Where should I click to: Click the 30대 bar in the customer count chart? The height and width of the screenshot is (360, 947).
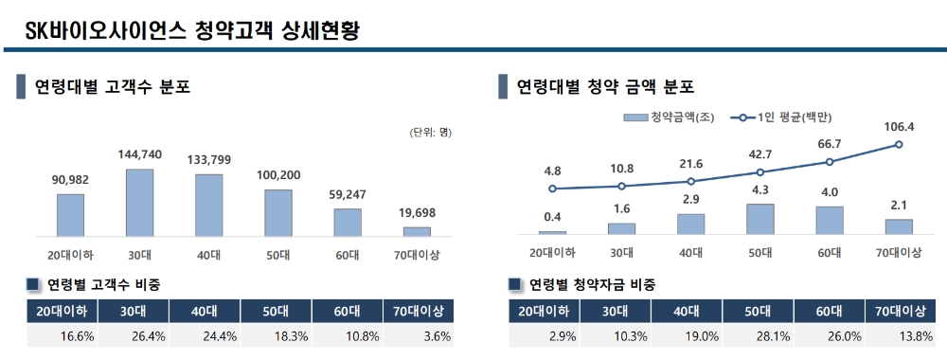pos(139,203)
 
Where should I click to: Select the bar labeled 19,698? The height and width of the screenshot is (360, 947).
pos(417,231)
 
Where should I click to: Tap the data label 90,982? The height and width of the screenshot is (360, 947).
pos(70,180)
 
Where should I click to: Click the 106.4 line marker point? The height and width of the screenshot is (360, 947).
pos(899,145)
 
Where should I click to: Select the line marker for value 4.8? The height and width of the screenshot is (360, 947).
pos(552,189)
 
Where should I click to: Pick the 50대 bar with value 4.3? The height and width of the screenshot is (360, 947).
pos(759,219)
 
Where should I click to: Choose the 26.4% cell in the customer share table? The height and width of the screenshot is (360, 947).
pos(134,335)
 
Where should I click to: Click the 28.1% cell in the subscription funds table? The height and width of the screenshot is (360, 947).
pos(759,335)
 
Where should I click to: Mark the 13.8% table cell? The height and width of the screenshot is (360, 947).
pos(899,335)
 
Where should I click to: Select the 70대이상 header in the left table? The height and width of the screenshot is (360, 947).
pos(418,311)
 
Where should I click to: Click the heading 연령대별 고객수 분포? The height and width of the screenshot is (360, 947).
pos(113,88)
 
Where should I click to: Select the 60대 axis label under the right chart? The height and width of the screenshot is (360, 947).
pos(829,254)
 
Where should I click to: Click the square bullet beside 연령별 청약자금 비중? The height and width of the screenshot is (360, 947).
pos(515,284)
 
